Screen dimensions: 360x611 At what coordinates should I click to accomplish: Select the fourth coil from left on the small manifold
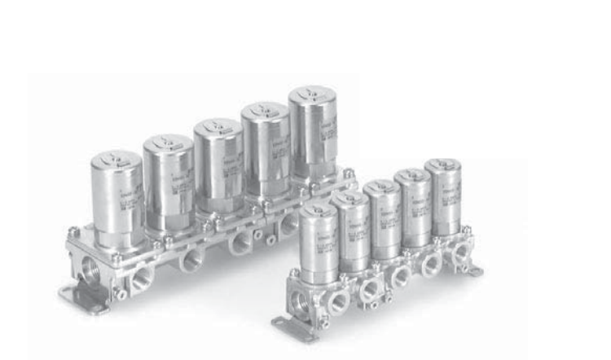coord(414,204)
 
